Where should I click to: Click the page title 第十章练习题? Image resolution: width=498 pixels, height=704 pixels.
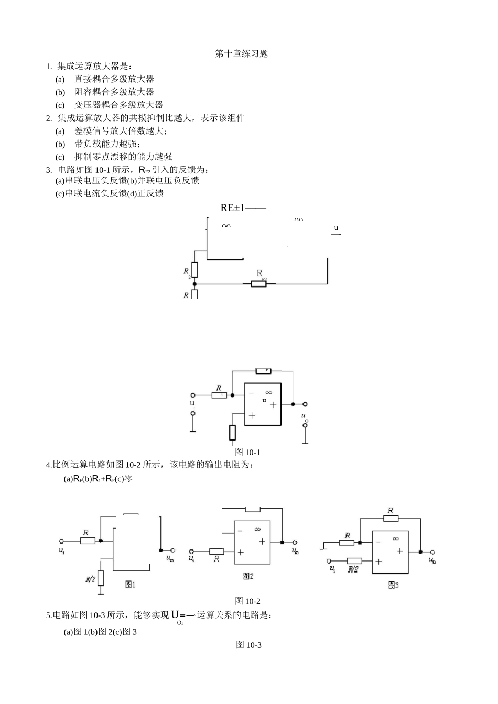[242, 54]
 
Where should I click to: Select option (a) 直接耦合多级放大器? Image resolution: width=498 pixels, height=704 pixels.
[114, 79]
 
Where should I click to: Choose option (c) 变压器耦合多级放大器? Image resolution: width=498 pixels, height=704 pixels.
[118, 105]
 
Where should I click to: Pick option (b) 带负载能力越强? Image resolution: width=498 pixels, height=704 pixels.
[107, 144]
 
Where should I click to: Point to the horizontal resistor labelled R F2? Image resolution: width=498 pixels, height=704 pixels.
[258, 284]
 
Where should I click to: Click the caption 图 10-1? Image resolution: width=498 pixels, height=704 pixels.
[247, 452]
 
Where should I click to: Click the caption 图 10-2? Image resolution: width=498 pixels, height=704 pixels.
[247, 601]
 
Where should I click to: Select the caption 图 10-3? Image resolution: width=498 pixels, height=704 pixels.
[248, 645]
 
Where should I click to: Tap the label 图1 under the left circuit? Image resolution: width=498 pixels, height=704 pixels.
[130, 585]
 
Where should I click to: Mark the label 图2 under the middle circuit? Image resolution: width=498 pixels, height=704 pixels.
[248, 576]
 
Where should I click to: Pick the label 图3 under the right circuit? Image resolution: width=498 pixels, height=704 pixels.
[393, 585]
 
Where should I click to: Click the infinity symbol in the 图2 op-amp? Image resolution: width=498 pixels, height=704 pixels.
[257, 529]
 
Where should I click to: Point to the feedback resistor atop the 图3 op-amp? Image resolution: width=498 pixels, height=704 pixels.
[391, 519]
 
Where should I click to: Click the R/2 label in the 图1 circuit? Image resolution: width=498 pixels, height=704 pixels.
[91, 579]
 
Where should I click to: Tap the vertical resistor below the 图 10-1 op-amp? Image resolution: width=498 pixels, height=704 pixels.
[232, 433]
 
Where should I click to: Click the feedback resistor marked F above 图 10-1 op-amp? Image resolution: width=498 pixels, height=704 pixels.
[263, 371]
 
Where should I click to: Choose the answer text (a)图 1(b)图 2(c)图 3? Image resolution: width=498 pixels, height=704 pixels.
[100, 632]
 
